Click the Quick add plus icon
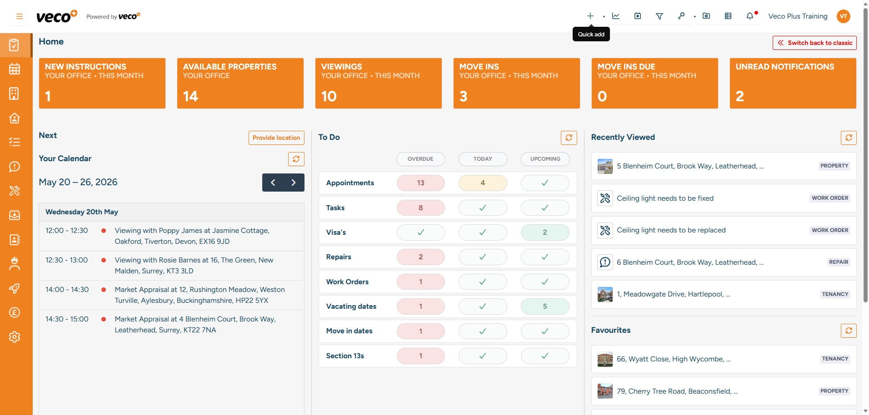pos(590,16)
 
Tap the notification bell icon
pos(750,16)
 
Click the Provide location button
pos(276,138)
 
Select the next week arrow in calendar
pos(294,183)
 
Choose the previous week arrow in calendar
pos(273,183)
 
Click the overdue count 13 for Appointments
pos(421,183)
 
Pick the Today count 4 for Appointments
pos(483,183)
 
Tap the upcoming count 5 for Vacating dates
pos(545,306)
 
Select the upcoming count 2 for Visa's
pos(545,232)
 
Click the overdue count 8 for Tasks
pos(421,208)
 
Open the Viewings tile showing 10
pos(378,83)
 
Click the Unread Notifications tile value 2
pos(740,96)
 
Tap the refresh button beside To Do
pos(569,138)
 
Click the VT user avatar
pos(844,16)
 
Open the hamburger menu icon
pos(20,16)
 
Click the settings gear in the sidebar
pos(15,337)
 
